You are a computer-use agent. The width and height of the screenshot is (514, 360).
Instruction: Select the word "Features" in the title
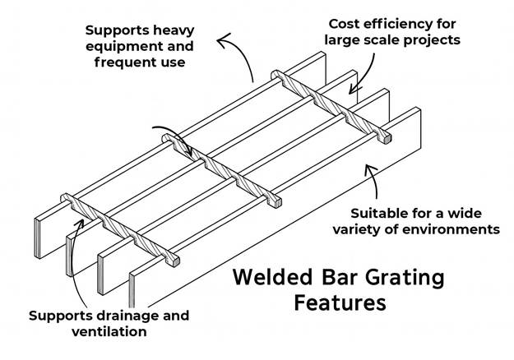[x=340, y=302]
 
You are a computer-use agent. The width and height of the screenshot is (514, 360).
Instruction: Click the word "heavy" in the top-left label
[x=173, y=30]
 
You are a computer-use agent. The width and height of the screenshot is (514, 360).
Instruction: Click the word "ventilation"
[x=109, y=331]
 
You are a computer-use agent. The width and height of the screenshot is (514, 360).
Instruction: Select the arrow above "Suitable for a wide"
[x=374, y=178]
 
